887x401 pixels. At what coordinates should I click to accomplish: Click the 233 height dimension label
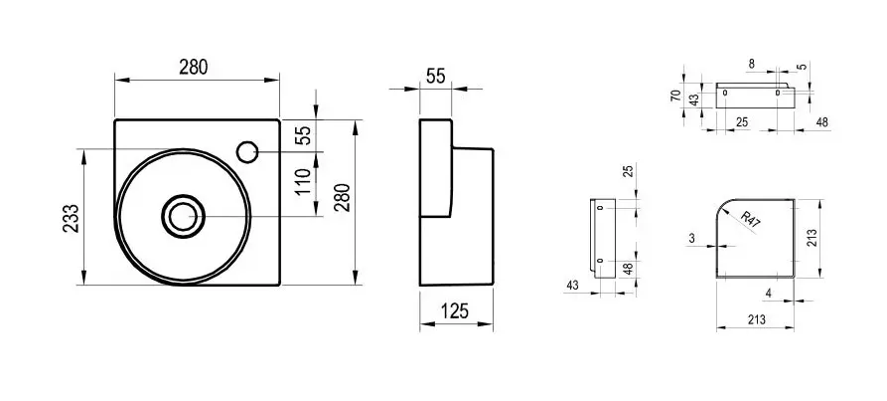pyautogui.click(x=71, y=219)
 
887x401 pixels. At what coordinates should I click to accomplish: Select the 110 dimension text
pyautogui.click(x=303, y=181)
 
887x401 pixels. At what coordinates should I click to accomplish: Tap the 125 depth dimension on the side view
pyautogui.click(x=455, y=310)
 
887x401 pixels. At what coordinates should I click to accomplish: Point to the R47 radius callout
pyautogui.click(x=750, y=219)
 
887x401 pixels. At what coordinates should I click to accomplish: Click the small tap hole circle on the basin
pyautogui.click(x=246, y=151)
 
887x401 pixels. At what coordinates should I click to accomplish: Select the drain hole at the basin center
pyautogui.click(x=182, y=215)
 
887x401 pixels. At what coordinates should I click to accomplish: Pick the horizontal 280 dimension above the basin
pyautogui.click(x=194, y=67)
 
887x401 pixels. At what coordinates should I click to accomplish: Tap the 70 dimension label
pyautogui.click(x=675, y=96)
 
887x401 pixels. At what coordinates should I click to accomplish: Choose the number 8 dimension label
pyautogui.click(x=751, y=64)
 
